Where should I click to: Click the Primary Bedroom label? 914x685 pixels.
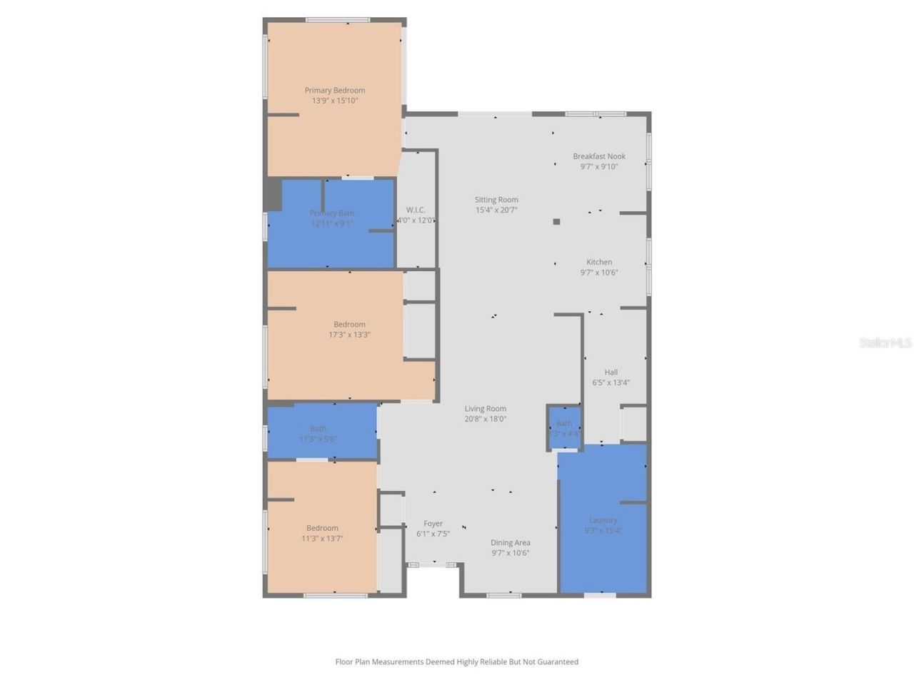click(x=334, y=91)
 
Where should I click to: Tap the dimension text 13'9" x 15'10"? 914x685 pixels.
click(x=334, y=101)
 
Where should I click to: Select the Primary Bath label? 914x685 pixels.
click(x=331, y=213)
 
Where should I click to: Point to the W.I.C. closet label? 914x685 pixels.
click(x=416, y=210)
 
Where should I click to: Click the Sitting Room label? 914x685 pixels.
click(x=496, y=200)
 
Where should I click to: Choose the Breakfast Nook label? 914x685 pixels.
click(x=598, y=156)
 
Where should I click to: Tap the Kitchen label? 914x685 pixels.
click(x=598, y=262)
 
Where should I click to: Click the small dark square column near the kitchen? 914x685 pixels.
click(x=556, y=222)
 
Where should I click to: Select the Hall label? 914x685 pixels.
click(x=611, y=372)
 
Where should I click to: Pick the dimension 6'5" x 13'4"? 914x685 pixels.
click(x=611, y=382)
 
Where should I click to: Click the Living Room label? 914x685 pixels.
click(x=485, y=409)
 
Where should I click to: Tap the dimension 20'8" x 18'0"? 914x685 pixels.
click(x=485, y=419)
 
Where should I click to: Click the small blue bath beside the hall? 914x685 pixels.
click(x=564, y=428)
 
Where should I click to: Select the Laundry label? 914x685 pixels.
click(x=603, y=520)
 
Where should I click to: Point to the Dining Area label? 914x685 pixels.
click(x=510, y=543)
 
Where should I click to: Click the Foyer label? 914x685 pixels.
click(x=433, y=524)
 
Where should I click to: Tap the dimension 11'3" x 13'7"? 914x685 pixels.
click(x=322, y=539)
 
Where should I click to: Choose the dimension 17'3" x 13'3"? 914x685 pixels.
click(x=349, y=335)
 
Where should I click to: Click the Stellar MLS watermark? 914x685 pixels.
click(x=885, y=343)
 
